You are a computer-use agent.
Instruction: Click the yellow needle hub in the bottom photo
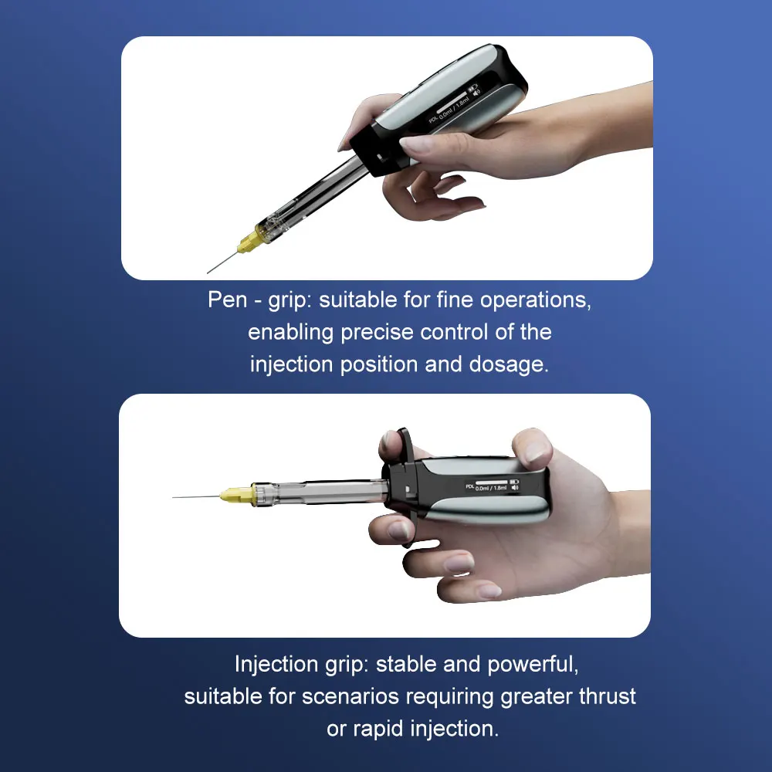234,495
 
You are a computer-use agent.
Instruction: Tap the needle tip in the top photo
208,272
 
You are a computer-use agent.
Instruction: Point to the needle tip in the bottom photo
174,496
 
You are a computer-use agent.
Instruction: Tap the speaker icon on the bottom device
514,488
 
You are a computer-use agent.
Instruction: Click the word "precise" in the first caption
378,332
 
